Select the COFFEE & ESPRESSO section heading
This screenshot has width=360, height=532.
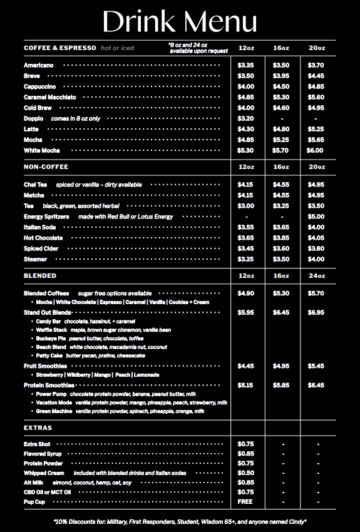[60, 48]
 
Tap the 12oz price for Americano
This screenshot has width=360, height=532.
[246, 65]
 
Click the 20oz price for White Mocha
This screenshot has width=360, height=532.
[315, 150]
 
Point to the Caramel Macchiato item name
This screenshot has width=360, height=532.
[50, 97]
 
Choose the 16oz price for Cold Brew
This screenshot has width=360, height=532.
[281, 108]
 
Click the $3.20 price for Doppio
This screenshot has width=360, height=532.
[246, 118]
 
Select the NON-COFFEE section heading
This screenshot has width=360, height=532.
[46, 167]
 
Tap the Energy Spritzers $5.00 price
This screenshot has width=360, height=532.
[316, 217]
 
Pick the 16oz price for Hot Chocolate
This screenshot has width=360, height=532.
[281, 238]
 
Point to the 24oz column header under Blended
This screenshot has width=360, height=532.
[316, 276]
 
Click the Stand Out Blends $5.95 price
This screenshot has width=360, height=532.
[246, 312]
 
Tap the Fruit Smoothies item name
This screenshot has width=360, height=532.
[45, 366]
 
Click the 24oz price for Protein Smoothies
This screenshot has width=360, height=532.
[316, 385]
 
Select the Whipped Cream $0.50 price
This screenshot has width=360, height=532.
[246, 473]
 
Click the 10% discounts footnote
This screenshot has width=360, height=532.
[180, 521]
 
